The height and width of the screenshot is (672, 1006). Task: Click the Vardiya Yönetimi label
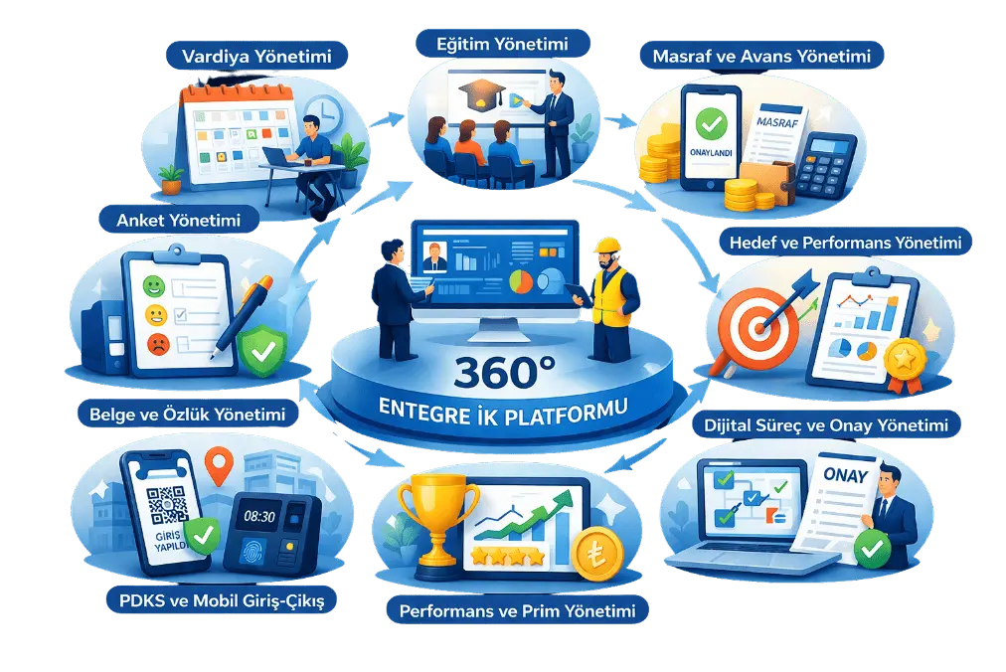256,56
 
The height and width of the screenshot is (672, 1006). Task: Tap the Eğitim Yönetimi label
502,44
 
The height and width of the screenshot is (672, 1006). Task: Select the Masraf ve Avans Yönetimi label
761,56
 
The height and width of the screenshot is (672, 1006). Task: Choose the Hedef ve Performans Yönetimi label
846,242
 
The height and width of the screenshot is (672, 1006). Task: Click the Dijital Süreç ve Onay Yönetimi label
826,424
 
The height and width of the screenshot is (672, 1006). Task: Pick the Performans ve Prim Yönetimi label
517,609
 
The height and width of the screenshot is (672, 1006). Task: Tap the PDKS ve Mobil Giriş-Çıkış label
222,600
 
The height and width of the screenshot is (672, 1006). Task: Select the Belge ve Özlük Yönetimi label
187,414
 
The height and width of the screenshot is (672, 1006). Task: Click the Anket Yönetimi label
178,220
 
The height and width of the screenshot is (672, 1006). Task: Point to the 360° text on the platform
504,372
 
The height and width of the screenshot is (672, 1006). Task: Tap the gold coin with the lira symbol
596,554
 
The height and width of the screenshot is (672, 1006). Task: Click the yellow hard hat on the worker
607,246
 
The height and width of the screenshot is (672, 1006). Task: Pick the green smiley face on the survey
154,285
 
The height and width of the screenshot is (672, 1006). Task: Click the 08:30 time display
259,516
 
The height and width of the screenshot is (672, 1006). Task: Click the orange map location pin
219,465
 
